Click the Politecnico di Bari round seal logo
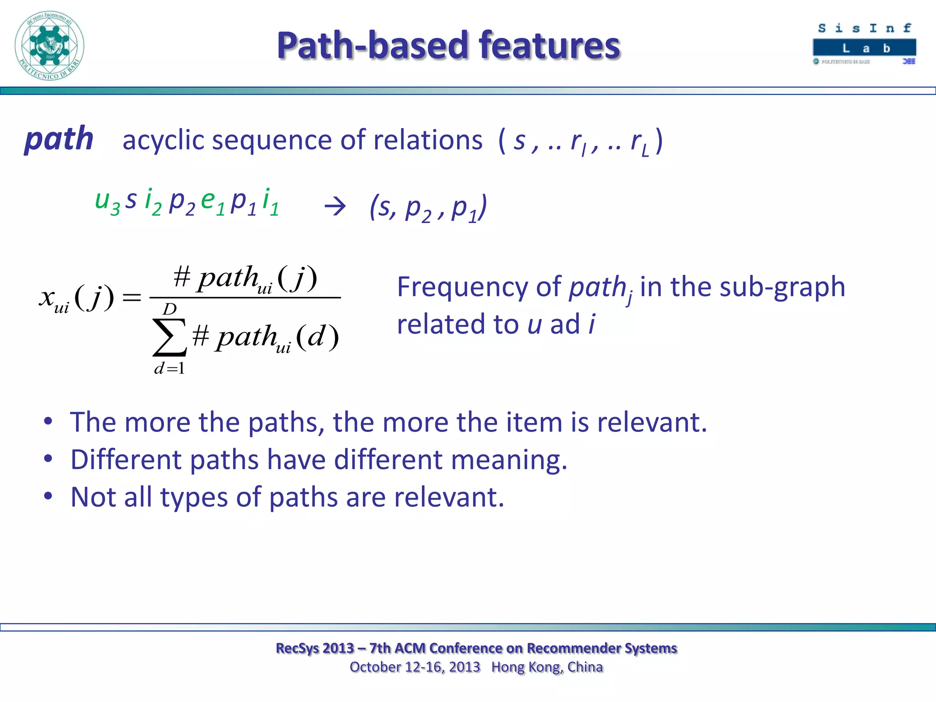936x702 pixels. (49, 46)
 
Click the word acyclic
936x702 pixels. (164, 141)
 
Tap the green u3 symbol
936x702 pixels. (106, 202)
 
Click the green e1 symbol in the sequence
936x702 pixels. (213, 202)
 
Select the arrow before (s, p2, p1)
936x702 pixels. (335, 207)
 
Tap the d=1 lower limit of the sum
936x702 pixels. (170, 368)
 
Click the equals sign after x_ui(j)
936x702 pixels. (132, 298)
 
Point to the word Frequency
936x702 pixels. (462, 287)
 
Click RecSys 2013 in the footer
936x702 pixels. (315, 648)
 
